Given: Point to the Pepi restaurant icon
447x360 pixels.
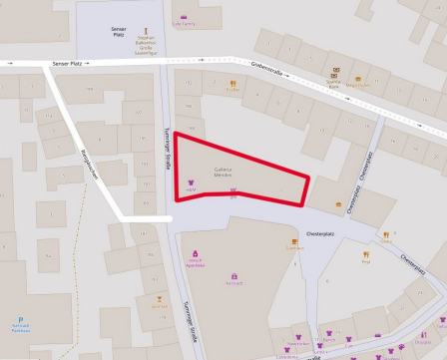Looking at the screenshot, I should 366,254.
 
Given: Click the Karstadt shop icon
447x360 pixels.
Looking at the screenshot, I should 234,275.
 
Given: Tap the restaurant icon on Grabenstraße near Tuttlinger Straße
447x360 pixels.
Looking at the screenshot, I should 232,83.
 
